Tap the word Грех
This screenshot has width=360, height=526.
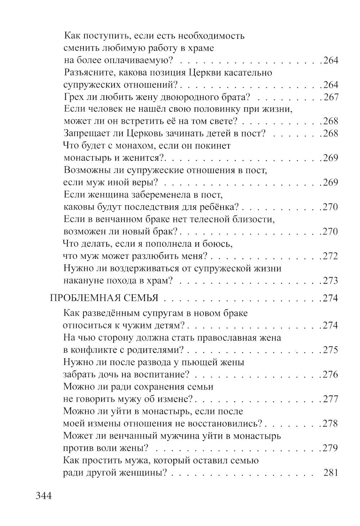[73, 97]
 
